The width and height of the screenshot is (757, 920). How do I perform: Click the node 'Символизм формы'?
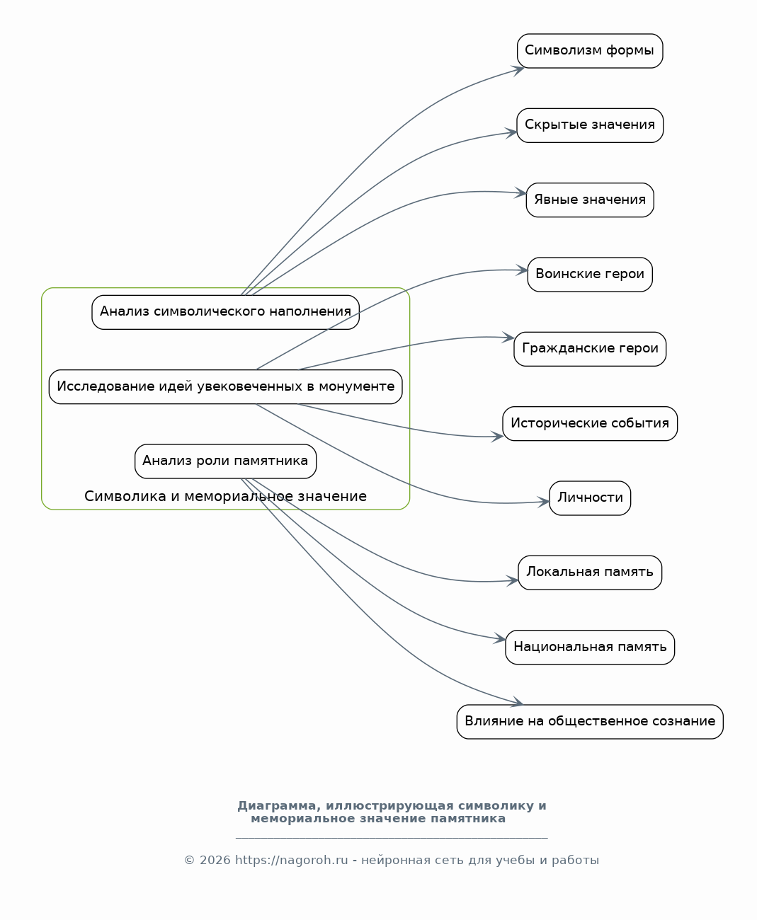click(x=590, y=51)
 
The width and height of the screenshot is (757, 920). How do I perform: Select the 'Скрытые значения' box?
click(x=590, y=126)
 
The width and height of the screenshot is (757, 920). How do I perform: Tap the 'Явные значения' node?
click(x=590, y=200)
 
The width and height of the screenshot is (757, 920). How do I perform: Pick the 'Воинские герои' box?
click(x=590, y=275)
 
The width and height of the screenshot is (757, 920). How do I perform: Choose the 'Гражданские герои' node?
click(x=590, y=349)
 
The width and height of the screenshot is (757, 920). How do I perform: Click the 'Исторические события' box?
click(x=590, y=424)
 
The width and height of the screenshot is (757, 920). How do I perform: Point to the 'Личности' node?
click(x=590, y=498)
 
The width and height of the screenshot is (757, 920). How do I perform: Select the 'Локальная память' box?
click(x=590, y=573)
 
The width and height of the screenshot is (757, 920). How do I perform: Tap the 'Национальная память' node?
click(x=590, y=648)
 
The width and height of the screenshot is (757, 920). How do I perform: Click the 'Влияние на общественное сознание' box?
click(x=590, y=722)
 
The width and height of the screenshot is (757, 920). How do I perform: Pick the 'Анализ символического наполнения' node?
click(x=225, y=312)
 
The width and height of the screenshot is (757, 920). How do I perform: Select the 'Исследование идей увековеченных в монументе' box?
click(x=225, y=387)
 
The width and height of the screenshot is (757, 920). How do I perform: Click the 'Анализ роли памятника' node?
click(x=225, y=461)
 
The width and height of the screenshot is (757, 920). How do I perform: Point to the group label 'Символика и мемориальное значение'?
click(x=225, y=496)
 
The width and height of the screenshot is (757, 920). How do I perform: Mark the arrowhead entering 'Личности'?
click(x=544, y=502)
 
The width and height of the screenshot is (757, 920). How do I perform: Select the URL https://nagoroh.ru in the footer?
click(x=291, y=861)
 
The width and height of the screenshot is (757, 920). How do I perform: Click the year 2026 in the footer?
click(x=215, y=861)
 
